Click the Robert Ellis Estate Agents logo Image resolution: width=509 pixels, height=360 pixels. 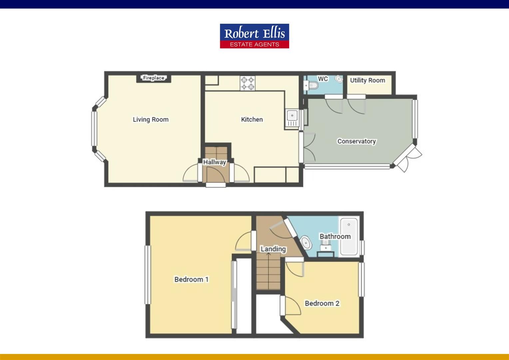[254, 36]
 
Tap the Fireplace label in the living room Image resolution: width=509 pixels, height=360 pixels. [154, 78]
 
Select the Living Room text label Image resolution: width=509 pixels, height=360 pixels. [151, 119]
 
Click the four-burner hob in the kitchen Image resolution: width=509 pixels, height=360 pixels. [248, 84]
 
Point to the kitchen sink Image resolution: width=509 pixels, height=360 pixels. [292, 116]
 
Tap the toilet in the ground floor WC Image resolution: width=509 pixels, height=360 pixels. [312, 86]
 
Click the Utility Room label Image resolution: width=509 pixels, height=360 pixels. [367, 80]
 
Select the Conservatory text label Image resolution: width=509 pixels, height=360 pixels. [356, 141]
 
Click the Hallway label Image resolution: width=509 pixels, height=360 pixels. [215, 162]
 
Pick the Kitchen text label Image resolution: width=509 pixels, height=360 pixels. [252, 119]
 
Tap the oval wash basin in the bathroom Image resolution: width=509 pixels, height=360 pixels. [305, 243]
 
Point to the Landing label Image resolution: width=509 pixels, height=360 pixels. [273, 249]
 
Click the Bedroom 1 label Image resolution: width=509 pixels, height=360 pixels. [192, 279]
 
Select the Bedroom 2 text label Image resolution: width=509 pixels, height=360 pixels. [322, 303]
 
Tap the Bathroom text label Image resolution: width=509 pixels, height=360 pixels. [335, 236]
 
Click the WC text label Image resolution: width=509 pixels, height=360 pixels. [323, 79]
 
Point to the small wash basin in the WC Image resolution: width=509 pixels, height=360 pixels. [339, 79]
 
